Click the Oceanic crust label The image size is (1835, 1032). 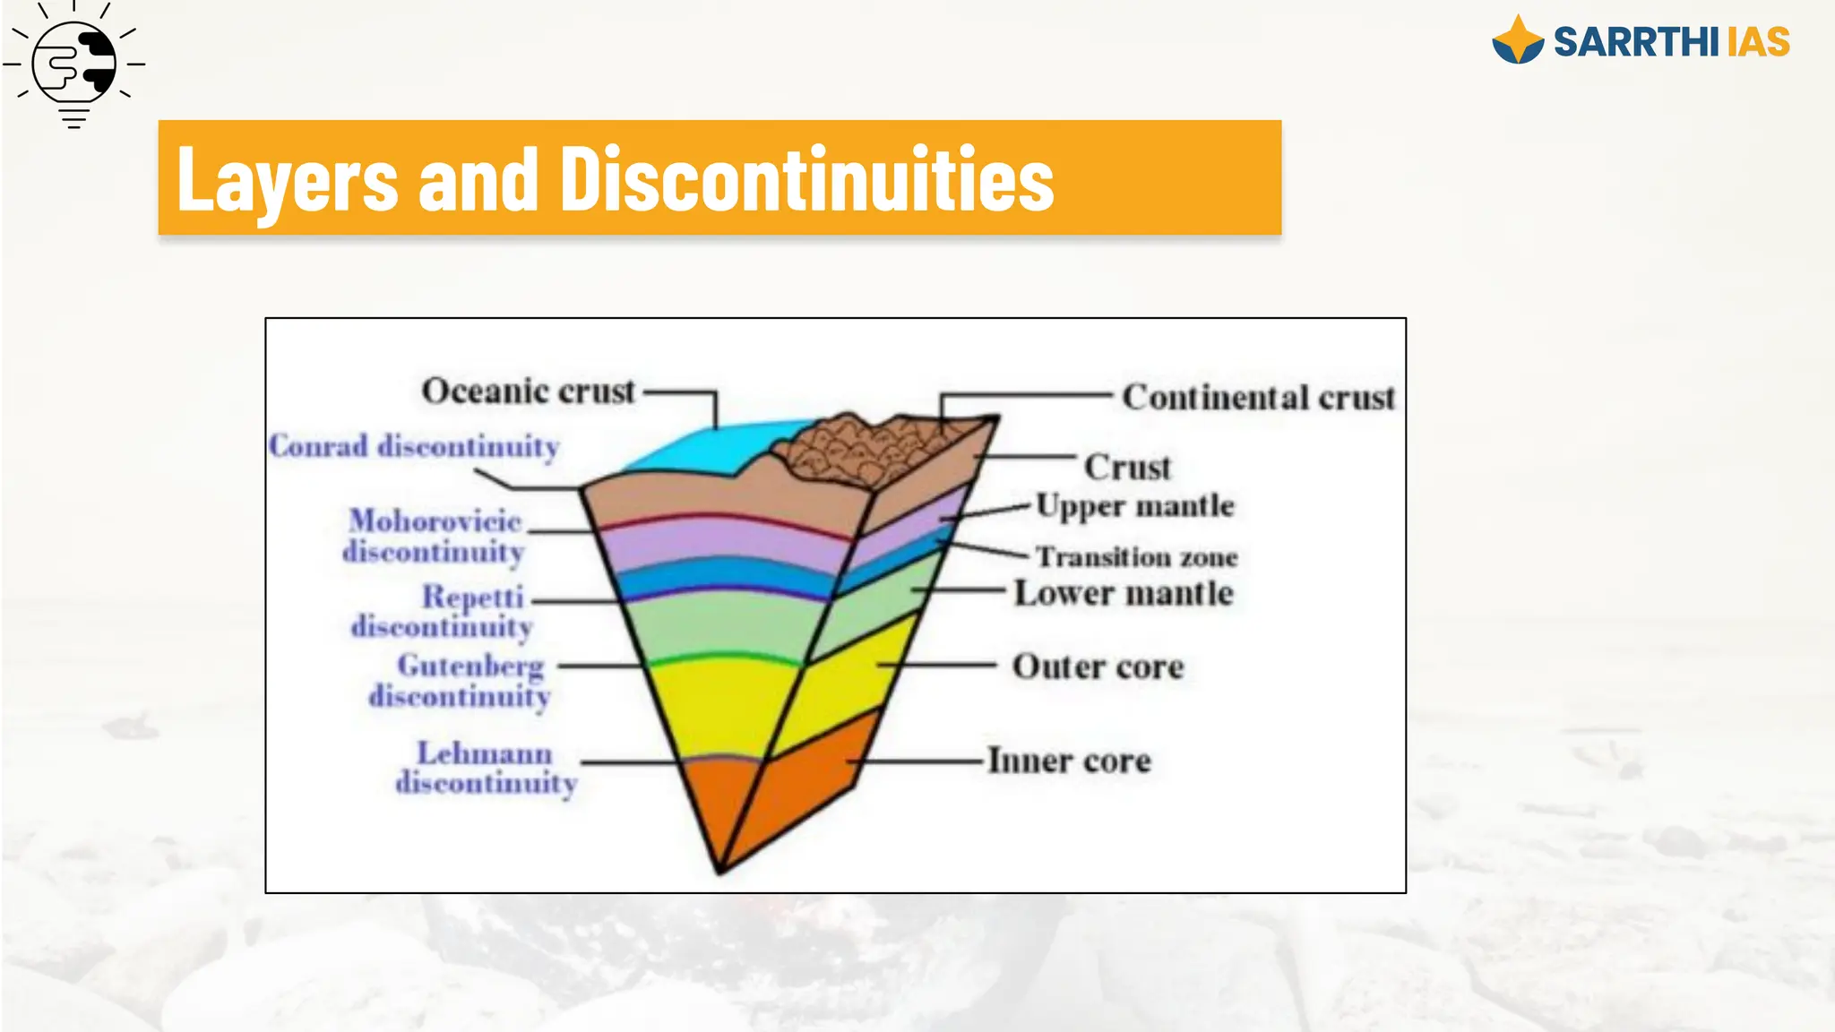528,391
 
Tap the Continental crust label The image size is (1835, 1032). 1258,397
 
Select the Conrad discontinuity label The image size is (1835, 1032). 414,446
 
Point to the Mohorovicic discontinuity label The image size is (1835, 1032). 435,536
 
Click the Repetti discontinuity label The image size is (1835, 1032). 442,611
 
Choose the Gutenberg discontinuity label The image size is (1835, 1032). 461,681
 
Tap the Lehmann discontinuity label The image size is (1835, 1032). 486,768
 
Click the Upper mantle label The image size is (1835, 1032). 1135,506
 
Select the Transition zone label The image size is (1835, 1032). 1136,557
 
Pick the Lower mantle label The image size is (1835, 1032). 1124,593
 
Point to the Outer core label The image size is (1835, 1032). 1098,666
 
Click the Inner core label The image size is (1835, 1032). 1069,761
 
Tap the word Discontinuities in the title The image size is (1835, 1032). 806,179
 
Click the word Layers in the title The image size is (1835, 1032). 287,179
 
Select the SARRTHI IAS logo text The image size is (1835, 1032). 1670,42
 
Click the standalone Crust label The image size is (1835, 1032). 1127,467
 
